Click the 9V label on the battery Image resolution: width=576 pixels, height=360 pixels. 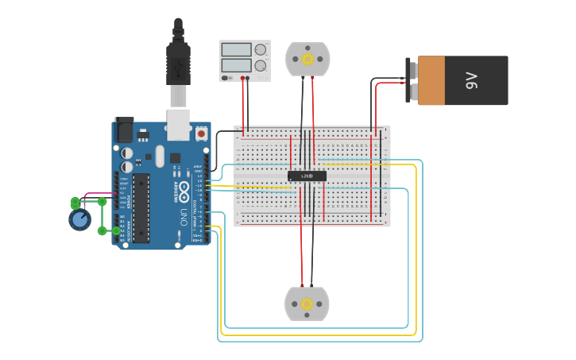(472, 80)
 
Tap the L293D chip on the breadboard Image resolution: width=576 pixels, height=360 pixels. (307, 176)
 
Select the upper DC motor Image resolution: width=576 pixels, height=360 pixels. (307, 59)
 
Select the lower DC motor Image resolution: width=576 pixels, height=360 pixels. (307, 304)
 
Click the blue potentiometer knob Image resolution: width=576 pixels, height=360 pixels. (79, 219)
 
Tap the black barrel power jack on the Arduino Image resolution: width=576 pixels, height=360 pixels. (125, 130)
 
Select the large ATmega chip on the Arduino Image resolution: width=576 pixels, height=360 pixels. (141, 207)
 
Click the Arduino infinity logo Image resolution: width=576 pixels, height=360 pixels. (184, 192)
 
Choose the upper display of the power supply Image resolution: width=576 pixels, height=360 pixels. (237, 49)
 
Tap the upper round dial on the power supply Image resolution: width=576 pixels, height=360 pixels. (261, 49)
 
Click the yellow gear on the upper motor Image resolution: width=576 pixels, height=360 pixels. (307, 58)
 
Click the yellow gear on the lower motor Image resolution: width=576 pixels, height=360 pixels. (307, 304)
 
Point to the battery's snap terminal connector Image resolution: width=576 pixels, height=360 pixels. (412, 80)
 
